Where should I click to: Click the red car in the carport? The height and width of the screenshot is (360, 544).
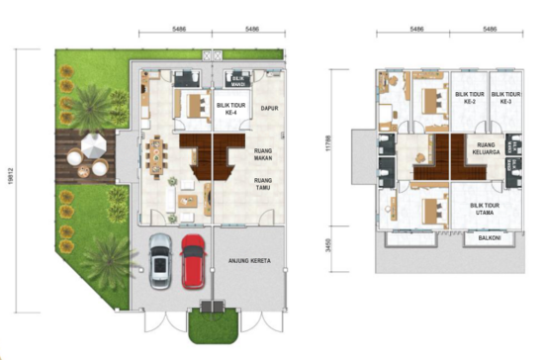pyautogui.click(x=192, y=259)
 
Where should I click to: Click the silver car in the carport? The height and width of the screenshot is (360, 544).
pyautogui.click(x=160, y=259)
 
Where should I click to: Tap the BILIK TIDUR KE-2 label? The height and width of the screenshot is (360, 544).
pyautogui.click(x=468, y=99)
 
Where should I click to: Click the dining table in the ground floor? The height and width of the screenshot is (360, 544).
pyautogui.click(x=155, y=154)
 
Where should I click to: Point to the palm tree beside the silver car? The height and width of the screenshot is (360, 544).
pyautogui.click(x=107, y=259)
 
